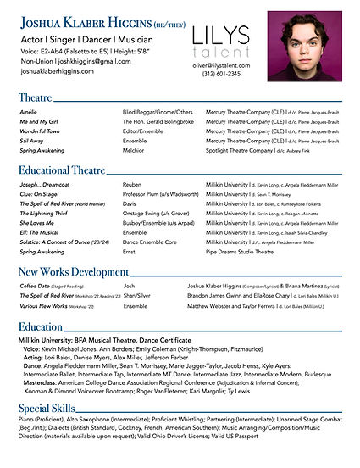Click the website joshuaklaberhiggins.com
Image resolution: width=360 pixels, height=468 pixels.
(x=58, y=72)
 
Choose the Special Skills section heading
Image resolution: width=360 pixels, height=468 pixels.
(x=51, y=409)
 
